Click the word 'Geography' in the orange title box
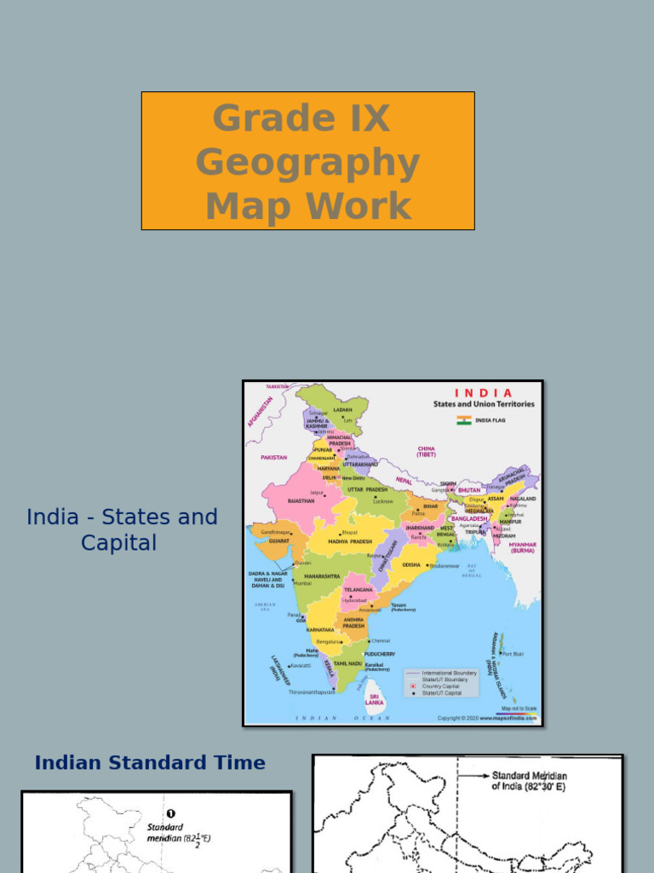click(x=307, y=162)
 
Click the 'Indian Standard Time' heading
click(x=150, y=763)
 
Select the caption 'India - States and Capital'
click(x=122, y=529)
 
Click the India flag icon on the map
click(x=463, y=420)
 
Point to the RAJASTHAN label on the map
click(x=301, y=501)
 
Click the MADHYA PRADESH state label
click(x=350, y=541)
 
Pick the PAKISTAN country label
click(x=273, y=458)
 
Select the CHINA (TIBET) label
click(x=426, y=451)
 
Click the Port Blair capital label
click(x=513, y=655)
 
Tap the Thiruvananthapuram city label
click(x=311, y=692)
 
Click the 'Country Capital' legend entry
click(x=440, y=686)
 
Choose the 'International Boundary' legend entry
click(x=449, y=673)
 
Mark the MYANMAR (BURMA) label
click(x=523, y=546)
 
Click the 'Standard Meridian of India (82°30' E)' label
click(x=529, y=781)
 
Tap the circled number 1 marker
click(x=170, y=814)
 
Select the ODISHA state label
click(x=411, y=564)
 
